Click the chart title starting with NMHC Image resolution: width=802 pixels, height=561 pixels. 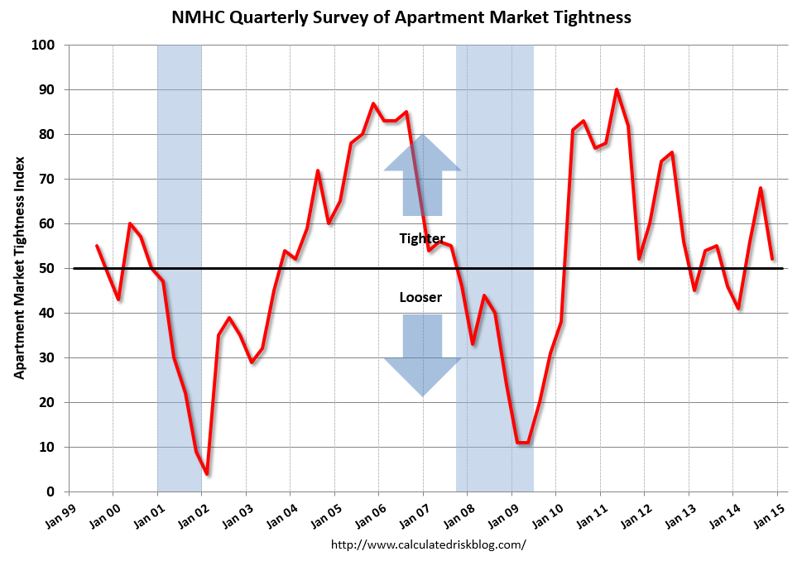tap(401, 17)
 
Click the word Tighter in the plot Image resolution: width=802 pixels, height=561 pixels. tap(422, 239)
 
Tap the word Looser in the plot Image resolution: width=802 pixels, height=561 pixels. tap(420, 297)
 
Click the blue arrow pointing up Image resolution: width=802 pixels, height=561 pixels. tap(422, 174)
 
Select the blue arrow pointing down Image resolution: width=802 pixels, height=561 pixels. tap(422, 356)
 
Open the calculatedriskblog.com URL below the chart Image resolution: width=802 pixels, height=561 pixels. tap(428, 544)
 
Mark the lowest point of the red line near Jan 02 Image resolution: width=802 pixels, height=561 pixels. tap(207, 474)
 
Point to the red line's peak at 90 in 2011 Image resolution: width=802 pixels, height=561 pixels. tap(617, 89)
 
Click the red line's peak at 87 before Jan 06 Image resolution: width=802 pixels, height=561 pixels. tap(373, 103)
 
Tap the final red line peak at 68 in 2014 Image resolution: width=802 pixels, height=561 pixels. tap(761, 188)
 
